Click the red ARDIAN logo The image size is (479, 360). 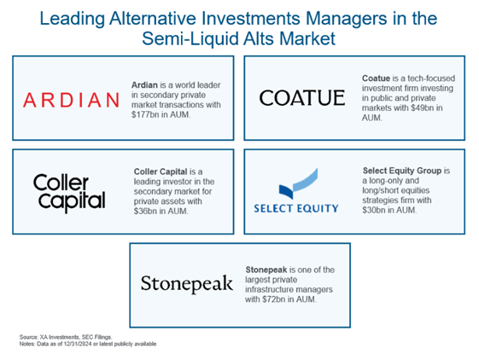[71, 100]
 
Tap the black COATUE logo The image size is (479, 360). [302, 98]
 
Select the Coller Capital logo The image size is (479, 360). [69, 193]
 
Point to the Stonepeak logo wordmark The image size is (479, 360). [187, 284]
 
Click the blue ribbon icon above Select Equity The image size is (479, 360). [298, 183]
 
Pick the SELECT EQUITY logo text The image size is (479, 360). [296, 208]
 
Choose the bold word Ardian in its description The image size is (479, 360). [144, 85]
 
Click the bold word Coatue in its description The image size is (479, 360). [376, 78]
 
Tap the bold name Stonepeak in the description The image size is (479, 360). [266, 270]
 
